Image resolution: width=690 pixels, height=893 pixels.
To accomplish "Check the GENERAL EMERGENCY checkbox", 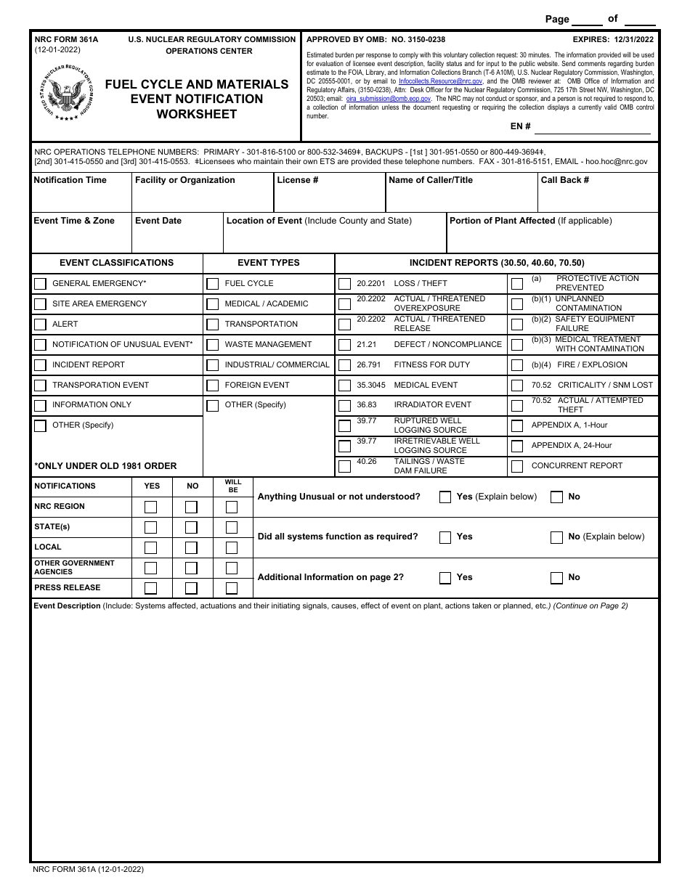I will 40,284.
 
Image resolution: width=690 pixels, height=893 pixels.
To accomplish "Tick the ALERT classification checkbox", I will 40,325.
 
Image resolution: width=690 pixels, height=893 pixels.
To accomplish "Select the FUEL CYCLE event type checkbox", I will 212,284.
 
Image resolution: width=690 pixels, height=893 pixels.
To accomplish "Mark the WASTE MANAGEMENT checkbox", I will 212,345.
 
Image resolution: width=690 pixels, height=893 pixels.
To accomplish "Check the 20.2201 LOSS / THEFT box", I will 344,284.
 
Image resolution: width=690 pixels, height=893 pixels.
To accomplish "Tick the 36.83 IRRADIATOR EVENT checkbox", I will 344,405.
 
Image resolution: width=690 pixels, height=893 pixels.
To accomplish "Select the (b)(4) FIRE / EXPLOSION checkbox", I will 517,365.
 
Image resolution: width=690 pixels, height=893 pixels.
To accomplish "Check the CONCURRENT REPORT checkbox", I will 517,466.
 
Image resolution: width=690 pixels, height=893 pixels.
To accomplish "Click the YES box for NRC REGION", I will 150,507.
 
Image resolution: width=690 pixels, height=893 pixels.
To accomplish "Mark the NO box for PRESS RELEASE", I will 191,588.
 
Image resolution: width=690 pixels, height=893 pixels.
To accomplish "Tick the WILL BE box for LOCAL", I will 232,547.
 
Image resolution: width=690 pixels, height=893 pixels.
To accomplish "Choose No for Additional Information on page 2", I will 556,578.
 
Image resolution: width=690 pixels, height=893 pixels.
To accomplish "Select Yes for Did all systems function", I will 445,537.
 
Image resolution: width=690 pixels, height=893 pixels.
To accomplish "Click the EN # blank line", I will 592,128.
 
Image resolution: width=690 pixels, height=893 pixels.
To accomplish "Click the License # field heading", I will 298,180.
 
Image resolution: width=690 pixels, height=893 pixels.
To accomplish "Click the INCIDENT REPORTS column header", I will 497,263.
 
